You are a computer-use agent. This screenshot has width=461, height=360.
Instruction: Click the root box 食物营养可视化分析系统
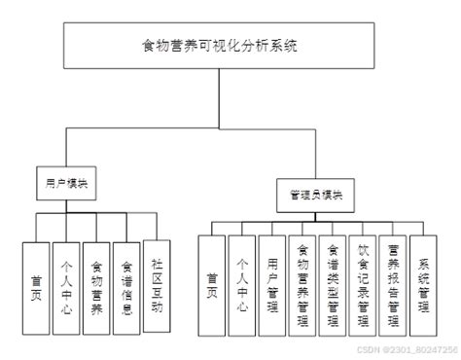pyautogui.click(x=230, y=45)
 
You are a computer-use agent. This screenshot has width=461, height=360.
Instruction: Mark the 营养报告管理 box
pyautogui.click(x=394, y=282)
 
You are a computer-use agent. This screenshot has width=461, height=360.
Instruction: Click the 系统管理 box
pyautogui.click(x=424, y=282)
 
